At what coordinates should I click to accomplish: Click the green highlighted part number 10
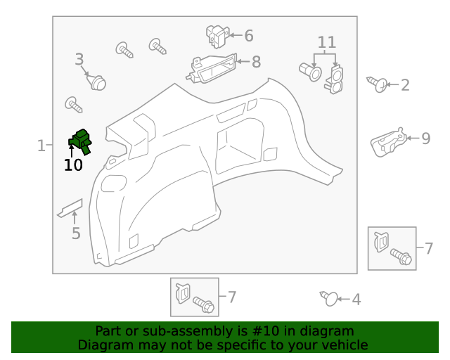[x=80, y=141]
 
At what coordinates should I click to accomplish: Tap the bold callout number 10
[x=73, y=165]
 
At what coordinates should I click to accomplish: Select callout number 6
[x=249, y=36]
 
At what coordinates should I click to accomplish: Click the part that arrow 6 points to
[x=217, y=36]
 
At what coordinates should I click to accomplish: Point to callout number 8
[x=256, y=62]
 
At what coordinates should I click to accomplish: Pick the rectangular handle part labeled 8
[x=212, y=69]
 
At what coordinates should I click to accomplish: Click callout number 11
[x=327, y=42]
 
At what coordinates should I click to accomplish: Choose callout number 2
[x=405, y=85]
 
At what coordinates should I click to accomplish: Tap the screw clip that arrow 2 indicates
[x=378, y=84]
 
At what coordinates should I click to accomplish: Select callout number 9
[x=426, y=139]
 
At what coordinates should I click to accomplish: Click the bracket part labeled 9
[x=389, y=143]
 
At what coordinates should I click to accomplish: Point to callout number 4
[x=356, y=300]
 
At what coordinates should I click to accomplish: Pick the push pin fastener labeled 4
[x=329, y=299]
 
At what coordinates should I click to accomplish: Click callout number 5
[x=76, y=233]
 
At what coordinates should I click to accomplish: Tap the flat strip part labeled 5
[x=70, y=208]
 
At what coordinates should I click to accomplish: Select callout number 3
[x=79, y=60]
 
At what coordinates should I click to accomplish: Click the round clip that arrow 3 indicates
[x=97, y=82]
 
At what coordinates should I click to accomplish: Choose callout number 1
[x=41, y=146]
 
